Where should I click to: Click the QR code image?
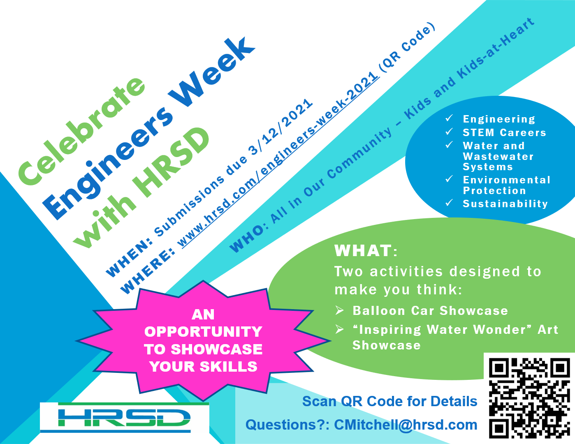[x=529, y=397]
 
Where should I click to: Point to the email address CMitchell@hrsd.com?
[x=405, y=425]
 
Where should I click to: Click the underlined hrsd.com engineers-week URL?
[x=278, y=160]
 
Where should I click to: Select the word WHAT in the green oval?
[x=363, y=250]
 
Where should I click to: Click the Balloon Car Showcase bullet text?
[x=430, y=311]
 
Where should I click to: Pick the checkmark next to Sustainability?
[x=449, y=203]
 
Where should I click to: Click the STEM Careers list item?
[x=504, y=132]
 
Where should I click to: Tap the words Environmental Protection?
[x=506, y=185]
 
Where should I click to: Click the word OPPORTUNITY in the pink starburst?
[x=203, y=332]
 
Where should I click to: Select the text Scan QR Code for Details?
[x=390, y=401]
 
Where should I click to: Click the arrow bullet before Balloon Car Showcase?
[x=339, y=310]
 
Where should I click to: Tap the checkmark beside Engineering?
[x=449, y=118]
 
